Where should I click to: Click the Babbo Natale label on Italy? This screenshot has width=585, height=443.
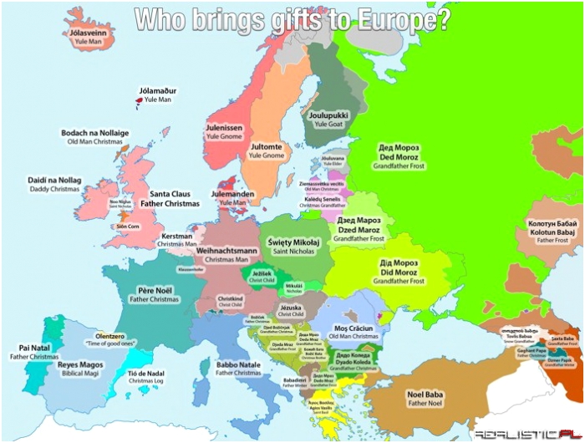pyautogui.click(x=237, y=368)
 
